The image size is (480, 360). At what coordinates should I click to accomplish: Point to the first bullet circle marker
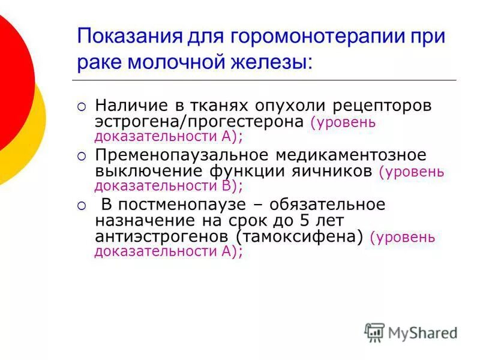[82, 107]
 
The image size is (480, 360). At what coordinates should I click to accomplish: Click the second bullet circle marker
[82, 157]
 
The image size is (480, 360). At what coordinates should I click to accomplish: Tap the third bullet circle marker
[82, 206]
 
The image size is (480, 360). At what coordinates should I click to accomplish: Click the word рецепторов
[373, 106]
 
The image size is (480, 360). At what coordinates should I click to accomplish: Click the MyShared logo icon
[374, 332]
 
